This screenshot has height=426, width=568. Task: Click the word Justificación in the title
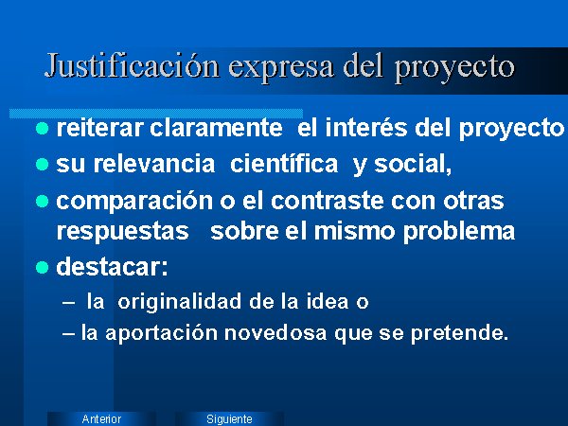[x=133, y=66]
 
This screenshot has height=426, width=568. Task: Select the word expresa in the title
[x=281, y=68]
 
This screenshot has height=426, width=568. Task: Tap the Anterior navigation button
[x=101, y=418]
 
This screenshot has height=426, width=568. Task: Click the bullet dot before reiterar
[x=43, y=128]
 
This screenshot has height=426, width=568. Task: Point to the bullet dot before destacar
[x=43, y=267]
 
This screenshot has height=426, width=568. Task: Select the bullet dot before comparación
[x=43, y=201]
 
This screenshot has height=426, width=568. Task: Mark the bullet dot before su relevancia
[x=43, y=164]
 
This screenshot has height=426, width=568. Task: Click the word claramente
[x=216, y=128]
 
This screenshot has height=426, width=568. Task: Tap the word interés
[x=366, y=128]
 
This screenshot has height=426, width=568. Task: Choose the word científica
[x=284, y=164]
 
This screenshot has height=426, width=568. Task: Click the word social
[x=413, y=164]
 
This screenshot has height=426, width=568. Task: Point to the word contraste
[x=328, y=201]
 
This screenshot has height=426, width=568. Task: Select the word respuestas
[x=122, y=232]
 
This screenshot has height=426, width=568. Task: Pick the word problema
[x=459, y=232]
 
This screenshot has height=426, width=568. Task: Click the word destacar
[x=113, y=267]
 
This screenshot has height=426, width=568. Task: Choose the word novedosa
[x=275, y=333]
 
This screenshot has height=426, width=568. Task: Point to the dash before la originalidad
[x=68, y=303]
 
